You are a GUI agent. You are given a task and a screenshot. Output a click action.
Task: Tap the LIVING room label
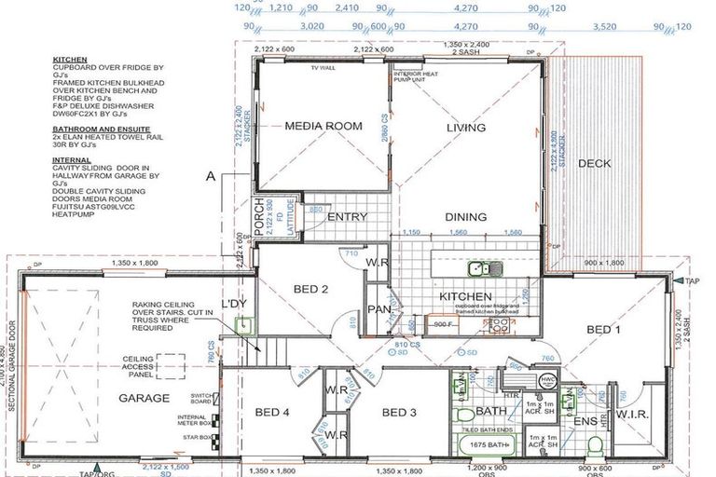point(465,128)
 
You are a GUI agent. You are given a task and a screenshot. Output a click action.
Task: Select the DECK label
point(594,164)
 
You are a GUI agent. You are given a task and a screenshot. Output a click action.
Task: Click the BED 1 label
point(603,329)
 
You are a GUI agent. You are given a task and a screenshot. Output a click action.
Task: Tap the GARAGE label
point(144,398)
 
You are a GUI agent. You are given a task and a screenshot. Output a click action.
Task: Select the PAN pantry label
point(378,309)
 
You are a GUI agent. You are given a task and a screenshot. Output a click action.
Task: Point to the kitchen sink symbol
point(485,270)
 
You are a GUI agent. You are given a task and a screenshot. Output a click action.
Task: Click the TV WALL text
point(322,68)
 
